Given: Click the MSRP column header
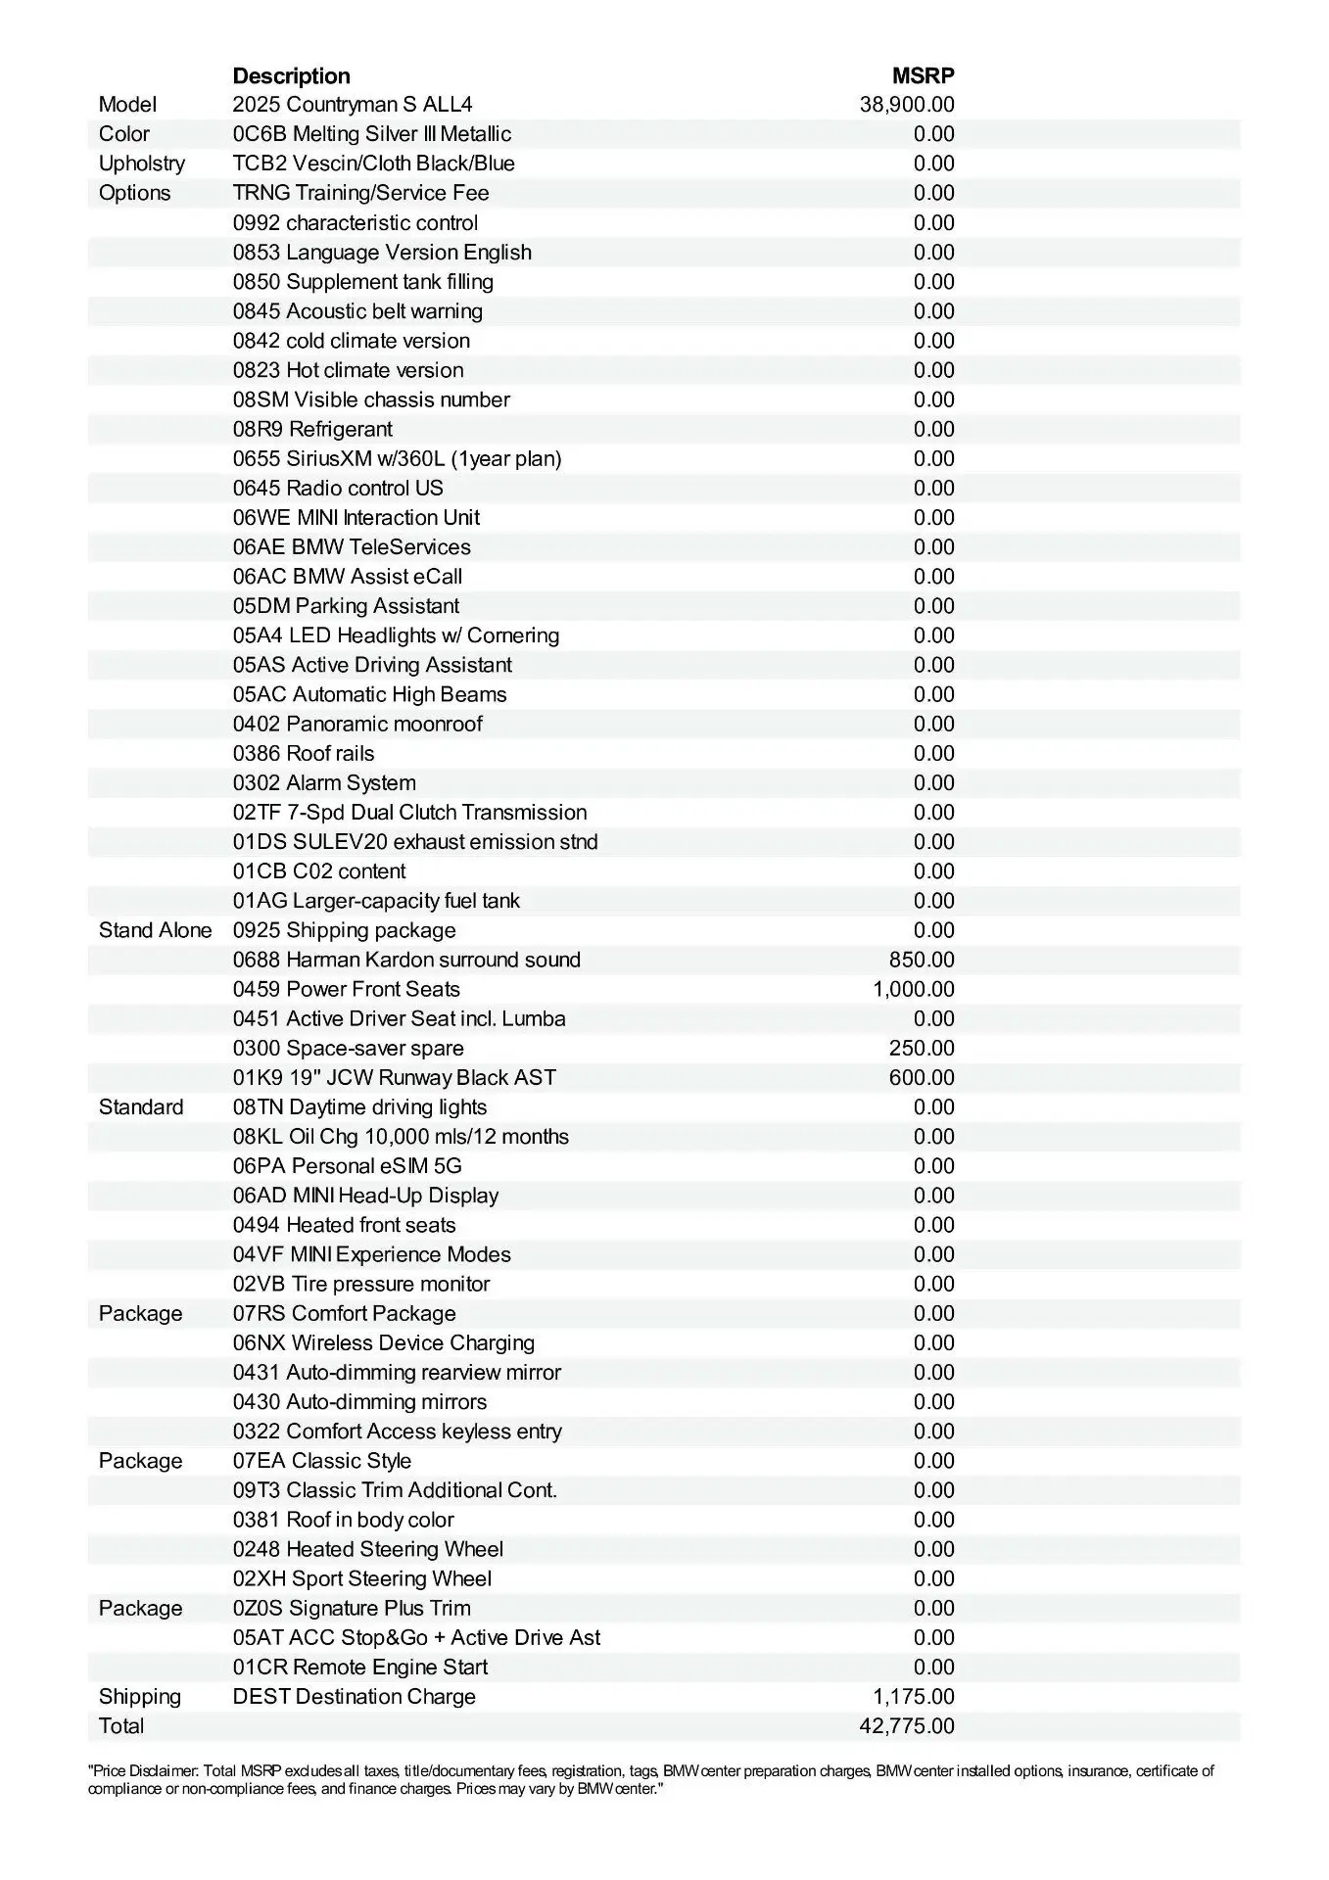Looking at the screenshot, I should [923, 75].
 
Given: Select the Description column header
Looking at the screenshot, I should [291, 75].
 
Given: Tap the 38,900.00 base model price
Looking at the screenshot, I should [907, 105].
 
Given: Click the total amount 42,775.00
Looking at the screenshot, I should [907, 1725].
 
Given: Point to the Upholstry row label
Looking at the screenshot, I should [142, 164].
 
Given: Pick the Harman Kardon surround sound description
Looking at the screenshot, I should [406, 960].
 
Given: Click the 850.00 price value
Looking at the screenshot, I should [922, 960].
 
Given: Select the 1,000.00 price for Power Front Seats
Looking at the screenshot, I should [914, 989].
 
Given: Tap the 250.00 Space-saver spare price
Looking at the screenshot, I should [922, 1048].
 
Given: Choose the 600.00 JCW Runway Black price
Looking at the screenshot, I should [922, 1077].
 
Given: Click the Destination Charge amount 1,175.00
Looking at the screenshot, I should [914, 1696].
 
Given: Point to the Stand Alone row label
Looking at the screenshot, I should [155, 930].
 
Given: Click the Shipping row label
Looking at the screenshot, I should [140, 1696].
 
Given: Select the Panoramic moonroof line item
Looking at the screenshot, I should [357, 724].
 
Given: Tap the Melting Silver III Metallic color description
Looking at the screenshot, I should [372, 134].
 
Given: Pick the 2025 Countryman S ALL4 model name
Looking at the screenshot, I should [353, 105].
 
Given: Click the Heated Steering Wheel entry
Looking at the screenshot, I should [368, 1549].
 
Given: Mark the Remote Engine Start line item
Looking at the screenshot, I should [360, 1667].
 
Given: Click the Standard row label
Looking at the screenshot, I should [141, 1106].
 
